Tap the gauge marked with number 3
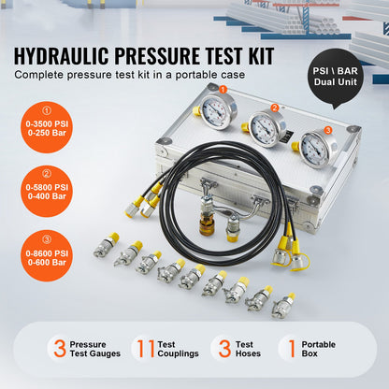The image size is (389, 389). click(318, 148)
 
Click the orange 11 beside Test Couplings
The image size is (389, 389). click(143, 348)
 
